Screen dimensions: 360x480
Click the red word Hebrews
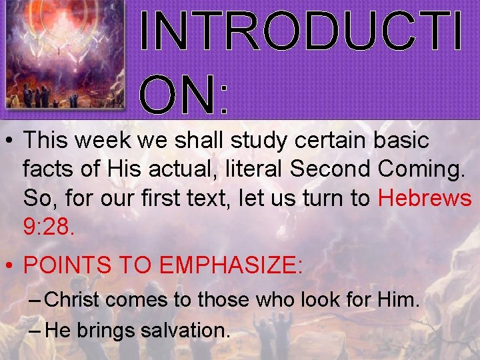425,199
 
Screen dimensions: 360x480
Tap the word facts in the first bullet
49,169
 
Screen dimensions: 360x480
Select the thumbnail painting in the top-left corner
64,55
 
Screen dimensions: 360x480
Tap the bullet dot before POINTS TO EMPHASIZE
9,266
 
